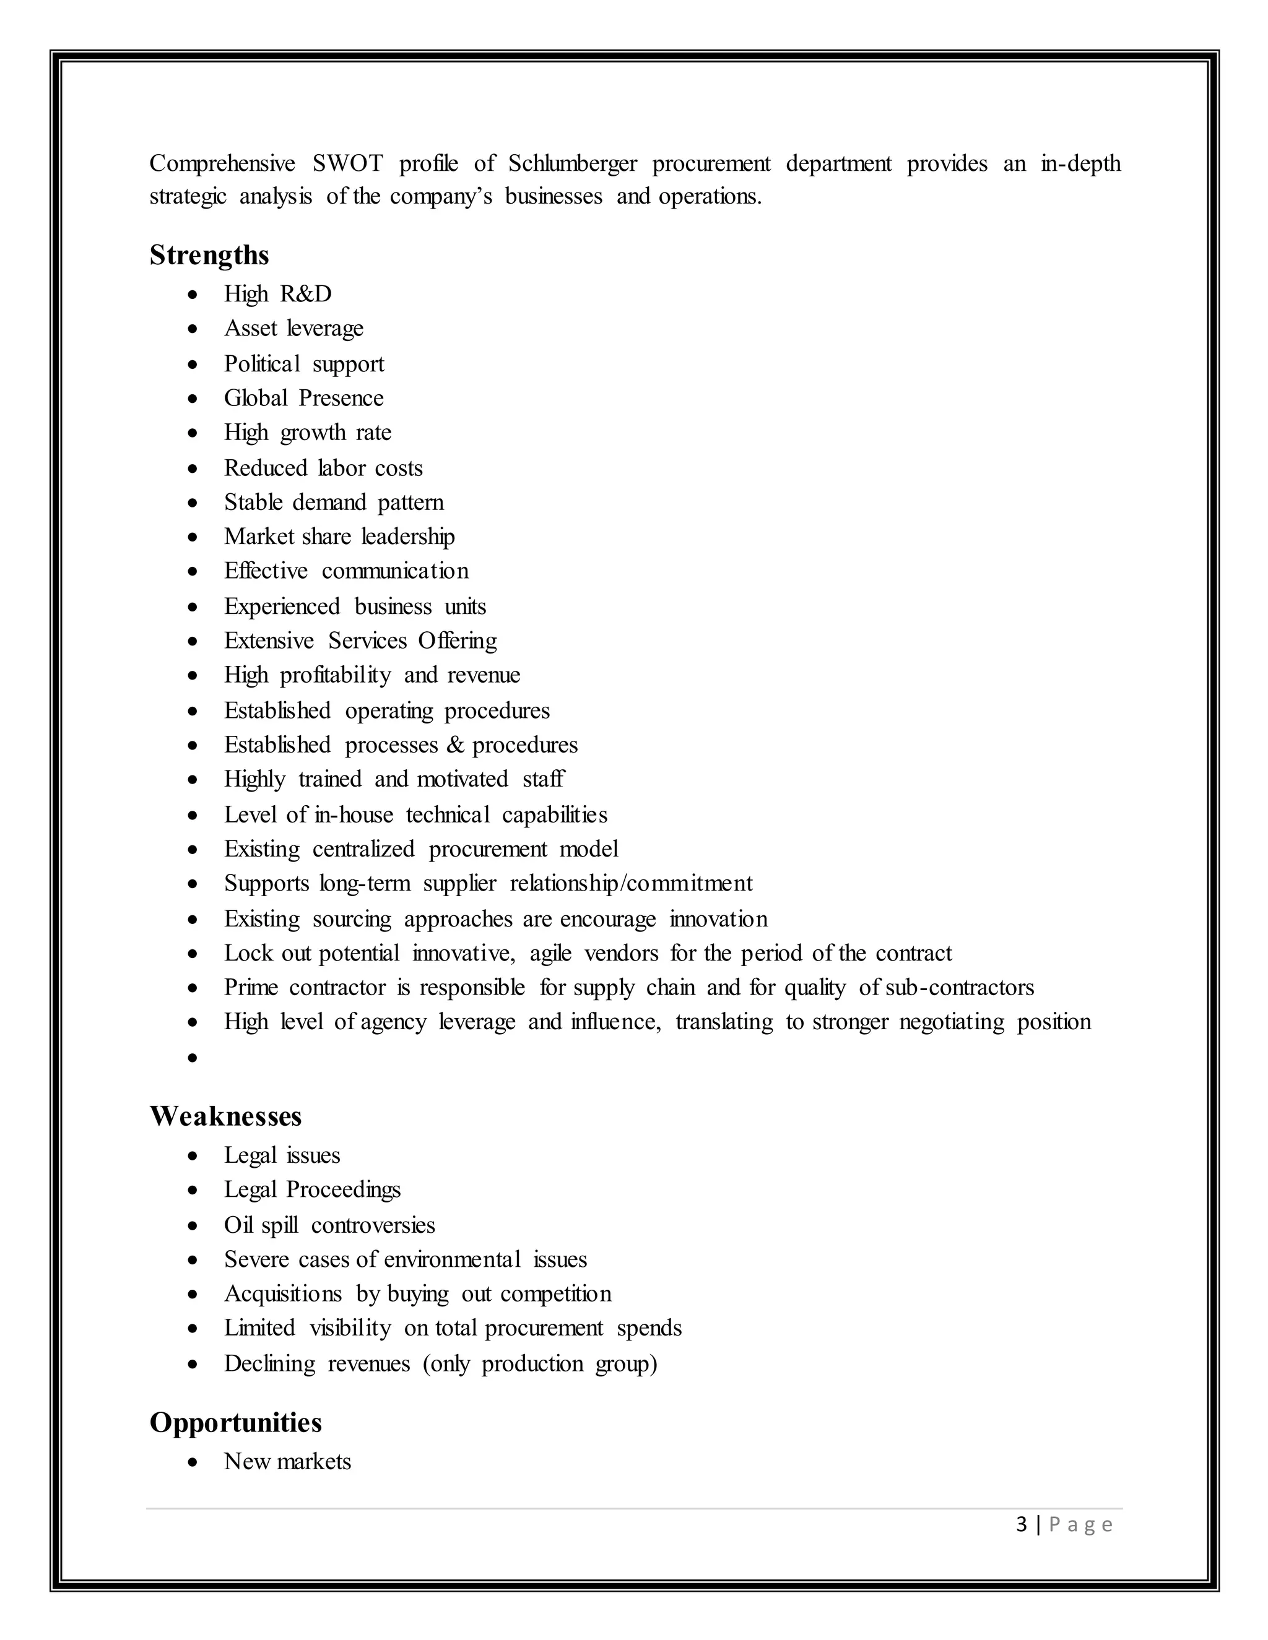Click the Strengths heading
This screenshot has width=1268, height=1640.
[x=209, y=256]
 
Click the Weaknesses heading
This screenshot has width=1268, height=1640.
[x=225, y=1116]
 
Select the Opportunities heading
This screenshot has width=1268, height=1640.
[x=235, y=1422]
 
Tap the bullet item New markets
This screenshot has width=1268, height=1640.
[x=287, y=1461]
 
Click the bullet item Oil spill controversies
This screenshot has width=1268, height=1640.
[x=329, y=1225]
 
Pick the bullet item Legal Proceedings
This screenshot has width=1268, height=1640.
[x=312, y=1189]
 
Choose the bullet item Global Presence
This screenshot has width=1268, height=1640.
[x=303, y=398]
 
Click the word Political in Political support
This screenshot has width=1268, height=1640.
[x=261, y=363]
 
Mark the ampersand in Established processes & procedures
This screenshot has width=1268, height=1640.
[x=455, y=745]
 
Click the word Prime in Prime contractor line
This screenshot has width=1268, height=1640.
[x=250, y=988]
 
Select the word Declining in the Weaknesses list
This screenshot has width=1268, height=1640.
[x=269, y=1363]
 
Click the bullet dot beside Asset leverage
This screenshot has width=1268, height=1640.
[x=193, y=329]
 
